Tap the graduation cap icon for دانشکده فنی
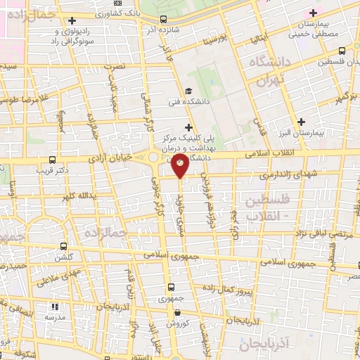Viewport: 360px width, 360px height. click(188, 91)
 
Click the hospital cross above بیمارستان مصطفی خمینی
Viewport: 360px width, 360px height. click(314, 13)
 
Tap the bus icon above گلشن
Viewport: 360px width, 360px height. click(64, 247)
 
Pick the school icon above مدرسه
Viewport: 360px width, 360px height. click(55, 307)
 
